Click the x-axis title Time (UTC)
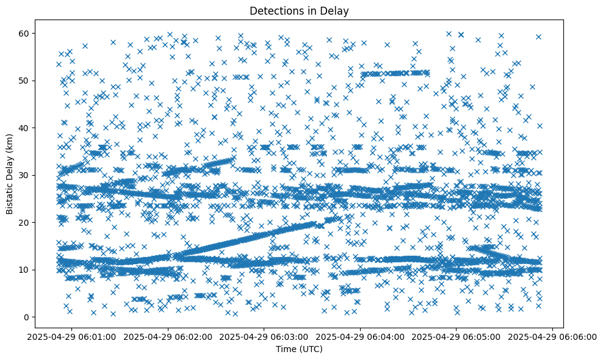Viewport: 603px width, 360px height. point(299,350)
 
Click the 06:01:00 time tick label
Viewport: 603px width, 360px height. point(72,336)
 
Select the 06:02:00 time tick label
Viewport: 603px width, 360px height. point(168,336)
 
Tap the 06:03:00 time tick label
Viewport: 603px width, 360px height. point(264,336)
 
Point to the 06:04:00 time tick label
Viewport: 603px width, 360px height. point(361,336)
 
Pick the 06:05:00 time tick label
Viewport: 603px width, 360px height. point(457,336)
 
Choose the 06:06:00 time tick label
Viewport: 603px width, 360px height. point(553,336)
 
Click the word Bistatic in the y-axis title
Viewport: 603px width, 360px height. point(10,193)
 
